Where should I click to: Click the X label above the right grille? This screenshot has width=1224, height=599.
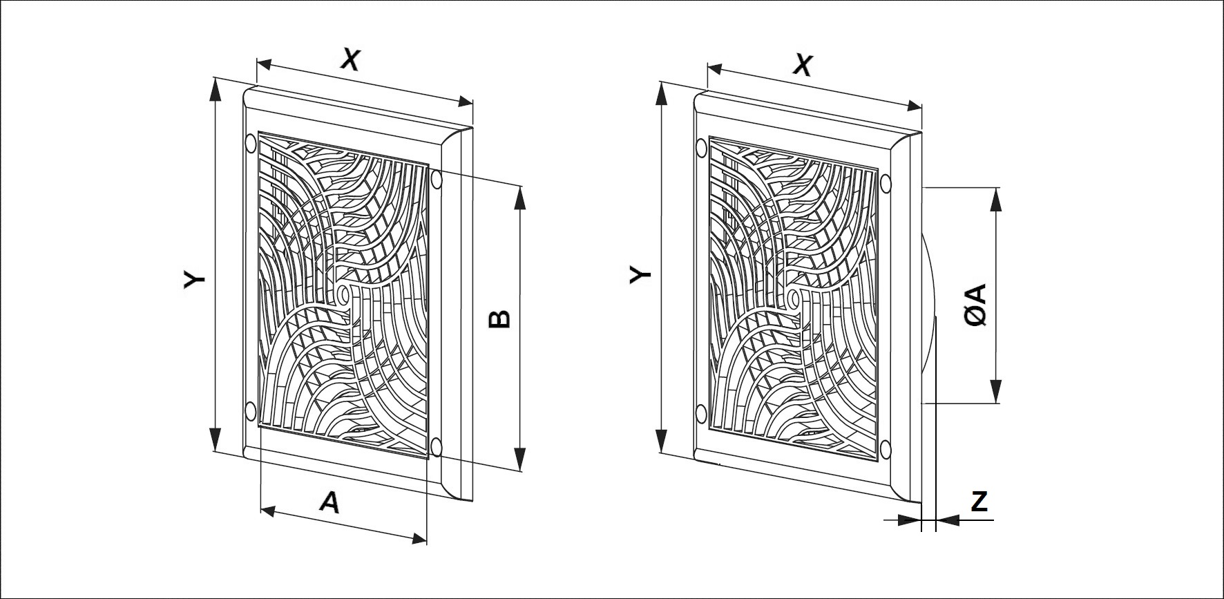point(802,65)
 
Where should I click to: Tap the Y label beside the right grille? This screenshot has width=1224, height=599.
point(641,275)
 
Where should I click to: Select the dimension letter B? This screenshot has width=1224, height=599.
point(499,318)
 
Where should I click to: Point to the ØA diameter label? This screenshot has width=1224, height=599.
point(977,305)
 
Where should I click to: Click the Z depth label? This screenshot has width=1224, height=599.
point(979,502)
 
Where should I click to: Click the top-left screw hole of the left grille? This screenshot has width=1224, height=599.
point(251,144)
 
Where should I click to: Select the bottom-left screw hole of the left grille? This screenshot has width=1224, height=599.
point(249,412)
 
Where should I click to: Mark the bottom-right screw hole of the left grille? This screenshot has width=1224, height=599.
point(435,446)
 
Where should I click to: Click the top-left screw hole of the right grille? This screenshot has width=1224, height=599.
point(702,147)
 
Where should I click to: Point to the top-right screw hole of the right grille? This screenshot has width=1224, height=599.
point(886,182)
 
